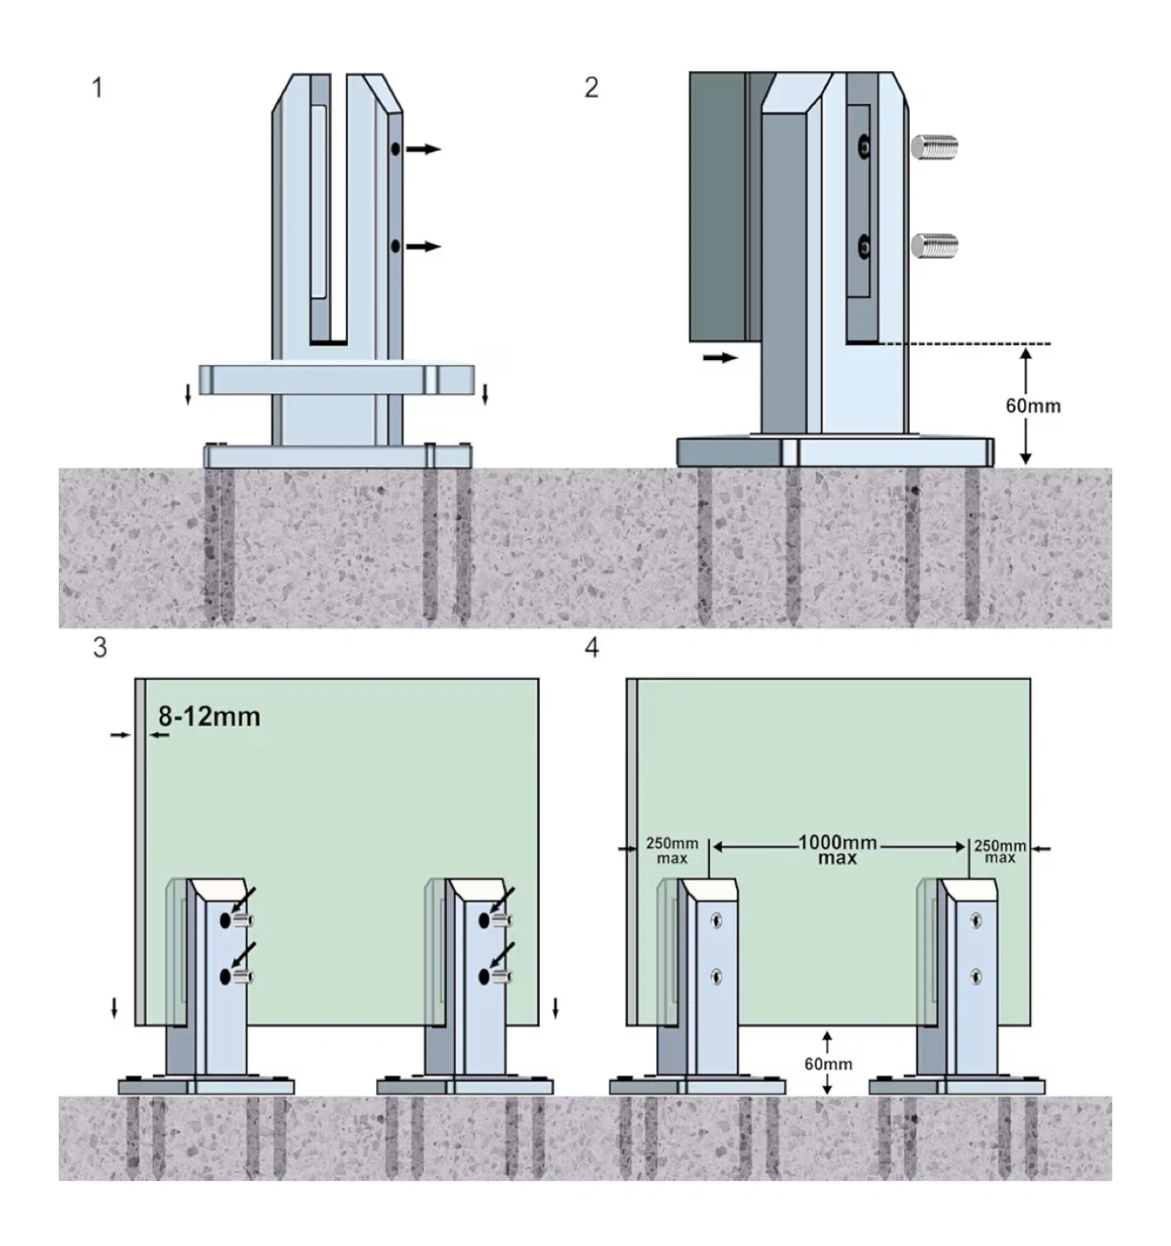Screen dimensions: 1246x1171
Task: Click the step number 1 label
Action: pos(98,87)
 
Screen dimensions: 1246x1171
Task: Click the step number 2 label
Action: pos(592,87)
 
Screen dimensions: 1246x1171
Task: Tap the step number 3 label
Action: pos(100,647)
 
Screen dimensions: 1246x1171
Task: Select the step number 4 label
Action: pos(592,647)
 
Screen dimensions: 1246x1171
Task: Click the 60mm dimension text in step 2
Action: pos(1033,406)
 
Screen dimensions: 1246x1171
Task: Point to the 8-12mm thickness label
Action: pos(209,716)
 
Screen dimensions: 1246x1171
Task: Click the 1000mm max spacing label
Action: pos(837,850)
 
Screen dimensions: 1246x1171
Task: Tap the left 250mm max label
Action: pos(672,851)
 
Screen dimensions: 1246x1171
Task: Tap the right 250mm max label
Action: pos(1000,851)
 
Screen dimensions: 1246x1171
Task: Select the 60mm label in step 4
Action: pos(828,1063)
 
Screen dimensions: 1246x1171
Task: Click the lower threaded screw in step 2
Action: pos(935,246)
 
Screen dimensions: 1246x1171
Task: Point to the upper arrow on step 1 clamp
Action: pos(424,149)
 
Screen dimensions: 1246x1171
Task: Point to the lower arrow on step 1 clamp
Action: pos(424,247)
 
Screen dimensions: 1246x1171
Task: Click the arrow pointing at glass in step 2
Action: pos(720,357)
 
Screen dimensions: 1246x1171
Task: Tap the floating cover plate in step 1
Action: pos(337,379)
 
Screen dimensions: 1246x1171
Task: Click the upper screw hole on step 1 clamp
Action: pos(395,149)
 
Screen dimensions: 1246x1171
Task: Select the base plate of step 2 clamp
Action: pos(835,452)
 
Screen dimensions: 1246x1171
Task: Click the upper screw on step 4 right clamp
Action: pos(976,921)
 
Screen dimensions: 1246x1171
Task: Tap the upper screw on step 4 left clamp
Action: pos(717,921)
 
